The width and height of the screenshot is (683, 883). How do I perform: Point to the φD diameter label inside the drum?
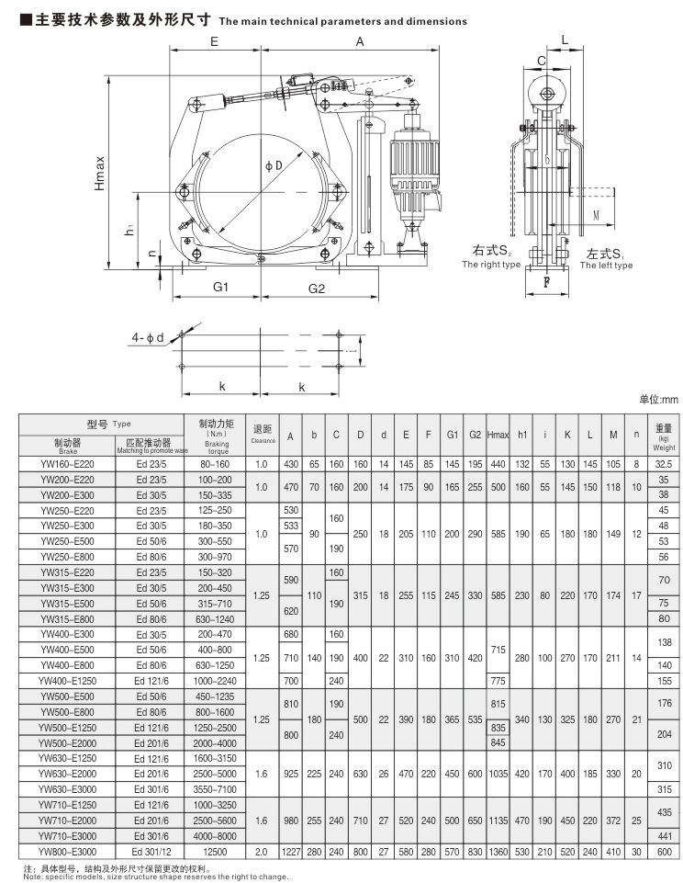tap(273, 165)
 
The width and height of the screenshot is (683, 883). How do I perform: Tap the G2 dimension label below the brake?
tap(317, 288)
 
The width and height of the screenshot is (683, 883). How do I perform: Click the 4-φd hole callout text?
tap(147, 338)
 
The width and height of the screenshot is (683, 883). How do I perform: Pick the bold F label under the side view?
tap(547, 283)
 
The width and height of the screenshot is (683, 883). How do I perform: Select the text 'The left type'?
tap(606, 266)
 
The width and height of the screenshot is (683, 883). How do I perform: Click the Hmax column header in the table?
tap(498, 434)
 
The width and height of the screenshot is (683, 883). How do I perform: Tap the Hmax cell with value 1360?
tap(498, 853)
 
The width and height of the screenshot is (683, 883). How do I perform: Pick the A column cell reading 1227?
tap(290, 853)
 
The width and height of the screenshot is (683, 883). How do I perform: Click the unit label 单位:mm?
tap(657, 399)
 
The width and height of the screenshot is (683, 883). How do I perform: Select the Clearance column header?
tap(262, 434)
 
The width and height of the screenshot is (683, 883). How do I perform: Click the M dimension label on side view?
tap(596, 215)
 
